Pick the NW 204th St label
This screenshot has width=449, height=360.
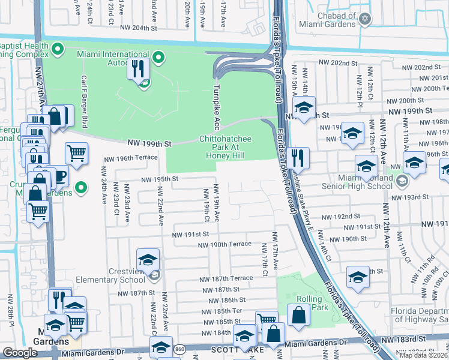(x=138, y=28)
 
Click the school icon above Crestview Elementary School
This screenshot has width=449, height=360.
(x=148, y=259)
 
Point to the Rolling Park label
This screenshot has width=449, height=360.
(x=312, y=303)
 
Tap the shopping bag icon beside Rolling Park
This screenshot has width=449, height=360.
(x=298, y=314)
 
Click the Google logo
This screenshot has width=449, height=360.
(x=20, y=353)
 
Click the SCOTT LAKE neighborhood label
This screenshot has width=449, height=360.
(x=234, y=349)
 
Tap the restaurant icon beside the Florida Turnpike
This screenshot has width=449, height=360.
(x=297, y=158)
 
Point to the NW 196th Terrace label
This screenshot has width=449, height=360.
(x=130, y=158)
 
